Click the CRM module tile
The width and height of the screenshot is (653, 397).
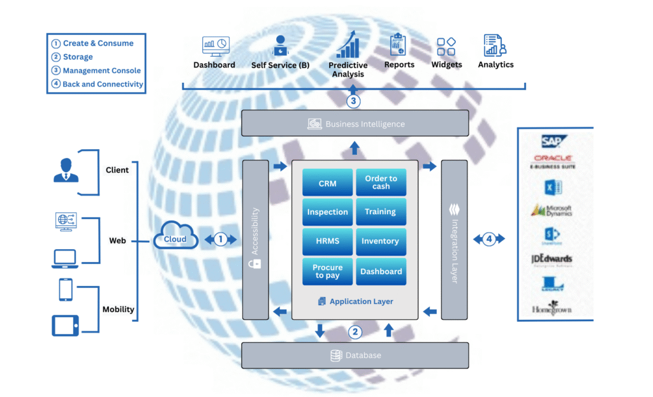coord(327,183)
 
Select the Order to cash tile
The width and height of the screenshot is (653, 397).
coord(381,183)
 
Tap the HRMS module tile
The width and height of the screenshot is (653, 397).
coord(327,242)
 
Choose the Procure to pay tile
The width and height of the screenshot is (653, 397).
coord(327,271)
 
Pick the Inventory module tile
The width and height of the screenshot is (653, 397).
coord(381,242)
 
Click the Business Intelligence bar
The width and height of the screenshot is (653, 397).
coord(355,124)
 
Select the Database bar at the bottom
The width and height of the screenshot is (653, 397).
coord(355,356)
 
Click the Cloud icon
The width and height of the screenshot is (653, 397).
coord(175,239)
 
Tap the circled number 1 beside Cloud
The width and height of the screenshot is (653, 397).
coord(220,239)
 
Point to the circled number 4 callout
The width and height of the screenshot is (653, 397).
coord(489,239)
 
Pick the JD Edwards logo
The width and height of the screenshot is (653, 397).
coord(552,259)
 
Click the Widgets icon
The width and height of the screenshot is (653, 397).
coord(446,47)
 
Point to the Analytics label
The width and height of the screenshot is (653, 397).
coord(495,64)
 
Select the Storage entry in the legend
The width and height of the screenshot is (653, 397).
coord(77,57)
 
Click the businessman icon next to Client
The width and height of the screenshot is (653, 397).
coord(66,170)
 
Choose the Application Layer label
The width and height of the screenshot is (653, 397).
coord(361,301)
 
